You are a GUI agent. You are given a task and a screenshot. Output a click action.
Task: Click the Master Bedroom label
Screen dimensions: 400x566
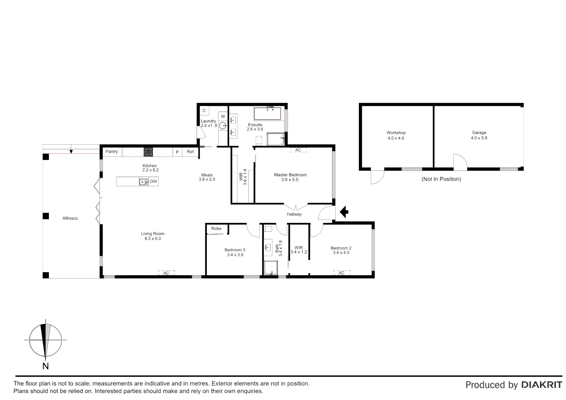(290, 175)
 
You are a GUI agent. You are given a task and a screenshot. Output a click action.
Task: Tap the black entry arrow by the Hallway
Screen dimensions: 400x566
(344, 212)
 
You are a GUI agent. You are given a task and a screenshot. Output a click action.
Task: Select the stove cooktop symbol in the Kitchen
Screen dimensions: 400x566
(148, 152)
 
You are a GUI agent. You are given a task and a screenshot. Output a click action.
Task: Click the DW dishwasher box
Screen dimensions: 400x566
(153, 181)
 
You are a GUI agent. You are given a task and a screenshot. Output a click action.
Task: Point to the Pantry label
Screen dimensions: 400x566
(111, 151)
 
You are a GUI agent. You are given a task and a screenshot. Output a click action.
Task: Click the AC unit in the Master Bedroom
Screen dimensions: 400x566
(298, 150)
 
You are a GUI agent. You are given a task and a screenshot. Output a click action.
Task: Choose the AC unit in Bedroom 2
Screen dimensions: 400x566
(341, 273)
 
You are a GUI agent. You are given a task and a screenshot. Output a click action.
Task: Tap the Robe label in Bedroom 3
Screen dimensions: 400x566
(216, 229)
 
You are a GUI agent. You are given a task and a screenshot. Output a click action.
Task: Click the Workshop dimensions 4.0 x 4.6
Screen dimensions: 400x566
(396, 138)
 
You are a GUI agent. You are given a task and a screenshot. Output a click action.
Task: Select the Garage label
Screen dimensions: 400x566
(479, 133)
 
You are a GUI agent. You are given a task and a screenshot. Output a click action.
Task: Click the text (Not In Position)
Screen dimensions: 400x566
(441, 179)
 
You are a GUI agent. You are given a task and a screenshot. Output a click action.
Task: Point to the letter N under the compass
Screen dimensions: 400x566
(46, 366)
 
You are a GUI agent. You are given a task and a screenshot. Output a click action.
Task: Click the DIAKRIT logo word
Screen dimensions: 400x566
(542, 385)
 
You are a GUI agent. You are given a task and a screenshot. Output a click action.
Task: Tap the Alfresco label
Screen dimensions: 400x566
(70, 219)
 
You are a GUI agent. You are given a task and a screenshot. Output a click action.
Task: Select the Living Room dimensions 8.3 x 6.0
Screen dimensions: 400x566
(153, 239)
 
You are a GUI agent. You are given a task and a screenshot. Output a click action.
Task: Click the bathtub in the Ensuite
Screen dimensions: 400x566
(267, 113)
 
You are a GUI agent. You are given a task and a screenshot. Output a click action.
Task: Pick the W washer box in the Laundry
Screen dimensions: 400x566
(223, 116)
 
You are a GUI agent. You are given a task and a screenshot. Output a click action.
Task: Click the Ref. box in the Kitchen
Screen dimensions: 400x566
(190, 152)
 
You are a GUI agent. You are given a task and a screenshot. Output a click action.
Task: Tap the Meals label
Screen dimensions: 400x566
(207, 175)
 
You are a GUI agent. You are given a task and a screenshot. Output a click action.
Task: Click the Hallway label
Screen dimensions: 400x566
(294, 214)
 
